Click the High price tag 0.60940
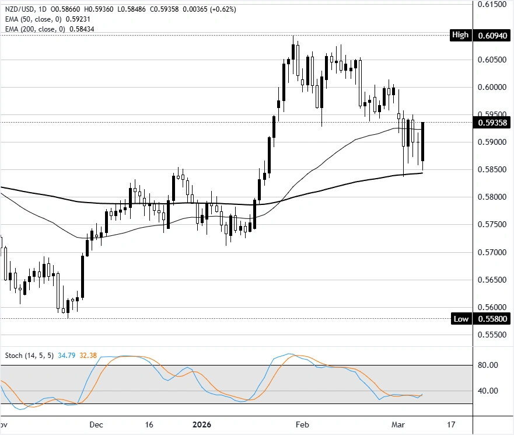492,35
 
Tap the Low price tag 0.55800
492,319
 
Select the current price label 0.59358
492,123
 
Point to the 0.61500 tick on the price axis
492,4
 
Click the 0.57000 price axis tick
492,252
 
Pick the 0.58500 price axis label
492,170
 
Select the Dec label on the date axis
97,424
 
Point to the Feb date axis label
302,424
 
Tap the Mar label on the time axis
398,424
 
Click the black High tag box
460,35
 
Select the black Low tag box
461,319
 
